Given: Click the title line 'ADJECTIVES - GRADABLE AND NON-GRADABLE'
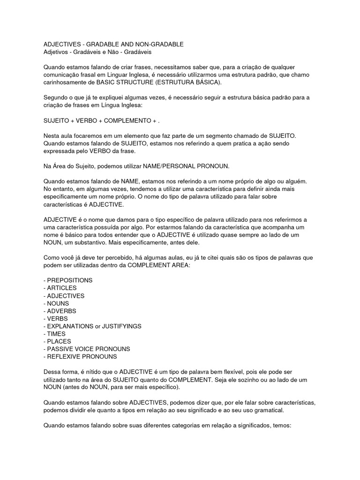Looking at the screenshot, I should tap(113, 44).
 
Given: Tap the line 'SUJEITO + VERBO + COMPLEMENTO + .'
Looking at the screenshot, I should tap(102, 120).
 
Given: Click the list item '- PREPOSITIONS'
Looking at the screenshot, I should tap(68, 280).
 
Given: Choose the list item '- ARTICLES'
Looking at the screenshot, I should tap(60, 288).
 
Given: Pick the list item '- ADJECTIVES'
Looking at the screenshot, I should tap(64, 296).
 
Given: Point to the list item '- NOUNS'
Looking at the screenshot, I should tap(57, 303).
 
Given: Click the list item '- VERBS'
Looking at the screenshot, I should tap(56, 319).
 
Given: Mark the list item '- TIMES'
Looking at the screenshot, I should tap(54, 334).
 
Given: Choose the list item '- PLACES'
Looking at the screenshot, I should tap(57, 341).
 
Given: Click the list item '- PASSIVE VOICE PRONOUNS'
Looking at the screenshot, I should tap(87, 349).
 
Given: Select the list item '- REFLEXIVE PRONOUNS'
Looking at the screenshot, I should tap(80, 357).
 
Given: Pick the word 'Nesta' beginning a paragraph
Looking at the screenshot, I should tap(52, 135).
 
